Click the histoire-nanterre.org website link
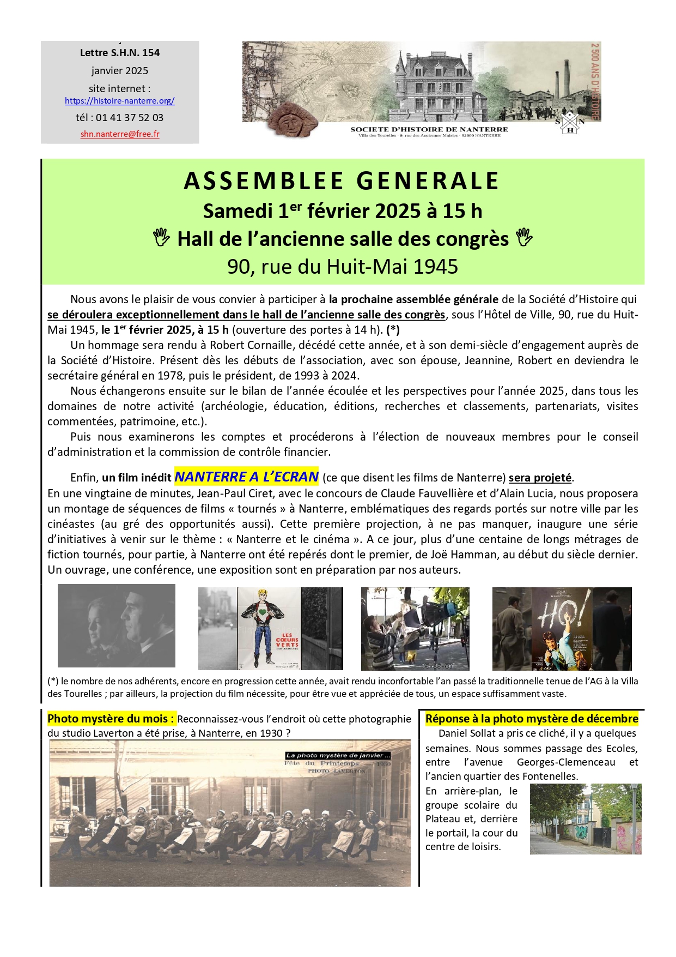[x=119, y=101]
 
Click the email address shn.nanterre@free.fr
[x=120, y=134]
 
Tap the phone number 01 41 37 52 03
[x=130, y=118]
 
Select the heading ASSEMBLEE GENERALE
[x=342, y=181]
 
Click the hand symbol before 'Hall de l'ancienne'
[x=161, y=238]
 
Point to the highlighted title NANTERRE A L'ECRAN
[x=246, y=477]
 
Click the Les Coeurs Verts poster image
[x=271, y=628]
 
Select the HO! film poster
[x=562, y=628]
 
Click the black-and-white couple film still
[x=117, y=625]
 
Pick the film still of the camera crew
[x=415, y=628]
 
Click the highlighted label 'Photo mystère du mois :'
[x=111, y=719]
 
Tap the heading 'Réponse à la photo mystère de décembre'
[x=532, y=719]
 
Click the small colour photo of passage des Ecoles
[x=586, y=818]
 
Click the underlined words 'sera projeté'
[x=540, y=478]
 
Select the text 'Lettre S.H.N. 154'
[x=120, y=53]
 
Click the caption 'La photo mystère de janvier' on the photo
[x=338, y=756]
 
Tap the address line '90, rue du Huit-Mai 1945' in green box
[x=343, y=267]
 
